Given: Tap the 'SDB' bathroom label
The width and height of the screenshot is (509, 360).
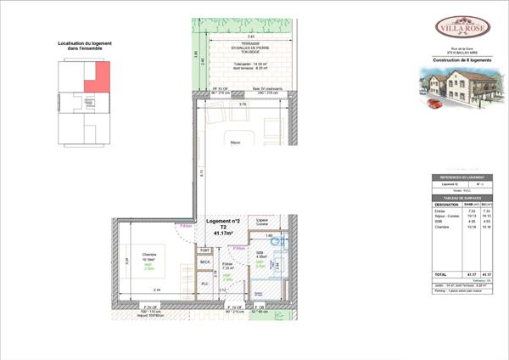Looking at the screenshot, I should [262, 252].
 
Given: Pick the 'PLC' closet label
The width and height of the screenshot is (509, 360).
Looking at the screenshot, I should [204, 284].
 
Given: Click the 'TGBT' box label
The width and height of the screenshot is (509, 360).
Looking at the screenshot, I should [204, 250].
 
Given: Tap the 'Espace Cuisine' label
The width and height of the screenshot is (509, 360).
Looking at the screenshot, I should [262, 222].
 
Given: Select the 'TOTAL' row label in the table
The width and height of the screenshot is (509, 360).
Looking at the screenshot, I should [441, 274].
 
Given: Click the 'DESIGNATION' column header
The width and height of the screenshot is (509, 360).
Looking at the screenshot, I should [446, 204].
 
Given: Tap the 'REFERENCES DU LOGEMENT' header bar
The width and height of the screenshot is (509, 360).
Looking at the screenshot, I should [463, 176].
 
